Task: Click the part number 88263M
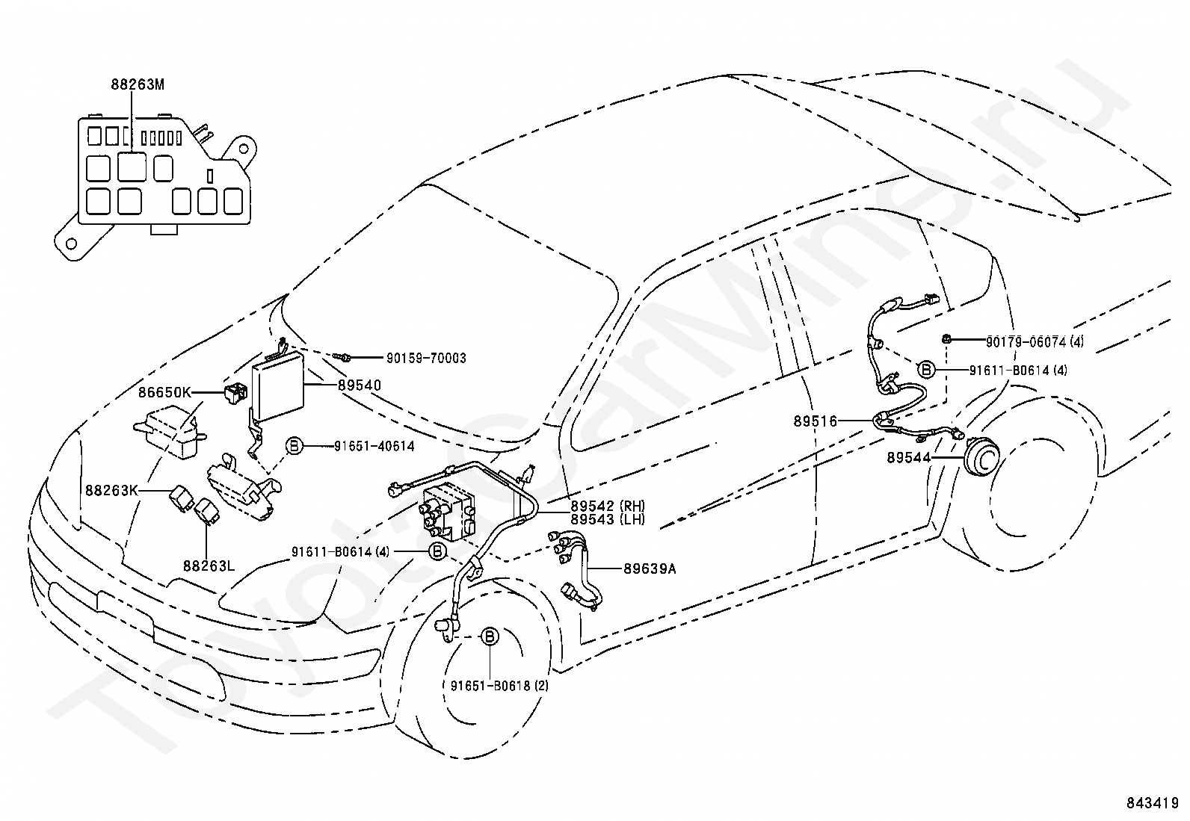point(138,84)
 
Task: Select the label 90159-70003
point(426,359)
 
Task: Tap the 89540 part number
point(359,385)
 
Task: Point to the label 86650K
point(165,391)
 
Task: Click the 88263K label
point(111,490)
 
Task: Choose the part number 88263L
point(209,566)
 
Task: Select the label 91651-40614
point(374,446)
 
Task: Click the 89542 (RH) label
point(607,506)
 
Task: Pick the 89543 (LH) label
point(607,519)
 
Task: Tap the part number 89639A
point(650,568)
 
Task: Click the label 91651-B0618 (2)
point(499,685)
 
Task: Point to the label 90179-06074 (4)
point(1035,342)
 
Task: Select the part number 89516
point(816,421)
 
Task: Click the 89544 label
point(909,457)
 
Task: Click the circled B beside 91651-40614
point(294,446)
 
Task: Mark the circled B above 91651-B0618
point(489,636)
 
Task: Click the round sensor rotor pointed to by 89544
point(980,459)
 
